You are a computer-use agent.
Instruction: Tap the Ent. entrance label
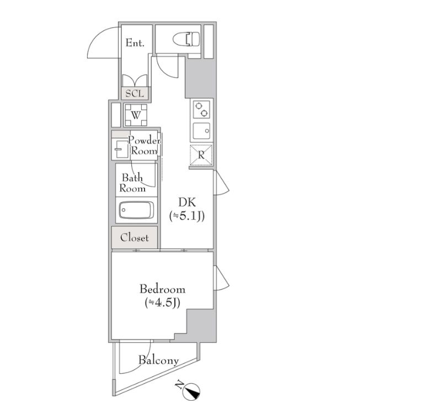coord(135,43)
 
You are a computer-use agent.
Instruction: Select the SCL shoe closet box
coord(135,93)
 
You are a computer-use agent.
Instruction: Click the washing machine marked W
coord(136,115)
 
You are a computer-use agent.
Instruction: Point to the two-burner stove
coord(201,109)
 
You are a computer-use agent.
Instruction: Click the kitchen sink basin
coord(201,131)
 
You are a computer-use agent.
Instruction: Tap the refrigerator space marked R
coord(201,155)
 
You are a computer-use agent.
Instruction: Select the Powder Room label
coord(144,145)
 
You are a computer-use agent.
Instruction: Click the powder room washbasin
coord(120,148)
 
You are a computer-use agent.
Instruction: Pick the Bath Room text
coord(132,183)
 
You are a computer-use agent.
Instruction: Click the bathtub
coord(137,210)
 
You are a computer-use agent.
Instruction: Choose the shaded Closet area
coord(135,237)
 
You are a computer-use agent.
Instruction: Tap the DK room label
coord(187,203)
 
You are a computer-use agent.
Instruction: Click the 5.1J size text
coord(187,216)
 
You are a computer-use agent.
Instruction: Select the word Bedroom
coord(162,289)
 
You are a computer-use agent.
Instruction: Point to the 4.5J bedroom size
coord(162,303)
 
